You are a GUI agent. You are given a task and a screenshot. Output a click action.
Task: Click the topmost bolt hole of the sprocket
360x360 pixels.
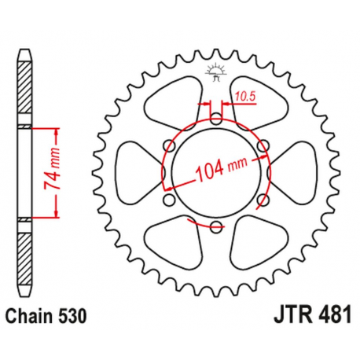tap(215, 119)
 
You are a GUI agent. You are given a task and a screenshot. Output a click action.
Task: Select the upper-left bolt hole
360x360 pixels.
tap(169, 146)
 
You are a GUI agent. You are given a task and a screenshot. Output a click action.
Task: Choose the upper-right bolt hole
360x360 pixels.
tap(263, 146)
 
